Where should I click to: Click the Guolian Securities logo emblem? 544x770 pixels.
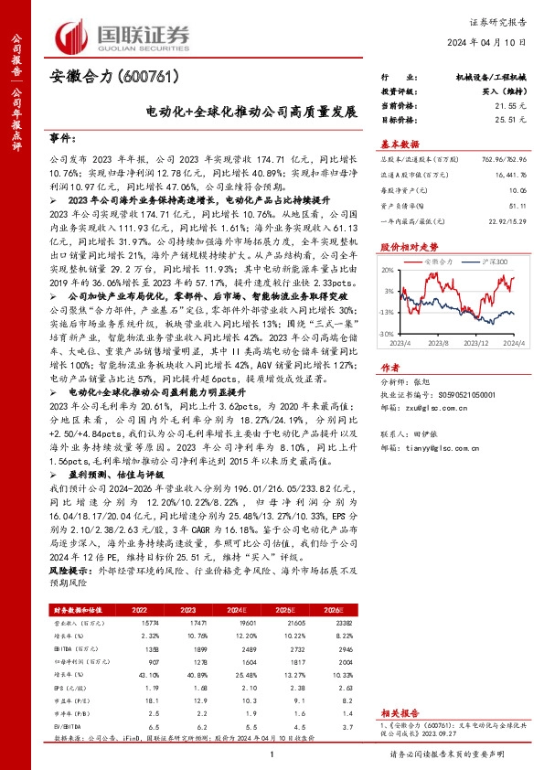coord(76,36)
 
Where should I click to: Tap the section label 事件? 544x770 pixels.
coord(60,137)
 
